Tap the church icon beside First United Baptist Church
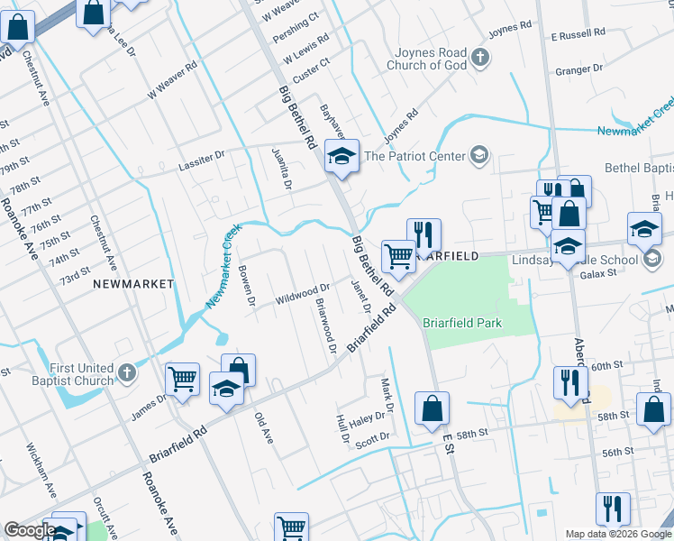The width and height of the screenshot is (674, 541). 127,372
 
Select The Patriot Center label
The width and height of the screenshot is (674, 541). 414,156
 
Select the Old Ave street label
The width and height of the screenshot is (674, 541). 263,428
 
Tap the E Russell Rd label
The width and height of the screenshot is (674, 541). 581,35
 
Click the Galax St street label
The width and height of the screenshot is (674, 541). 597,275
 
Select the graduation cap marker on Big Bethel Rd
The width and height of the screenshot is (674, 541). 342,157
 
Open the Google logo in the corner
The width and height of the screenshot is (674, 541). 29,531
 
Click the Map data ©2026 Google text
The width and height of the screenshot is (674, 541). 618,534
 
